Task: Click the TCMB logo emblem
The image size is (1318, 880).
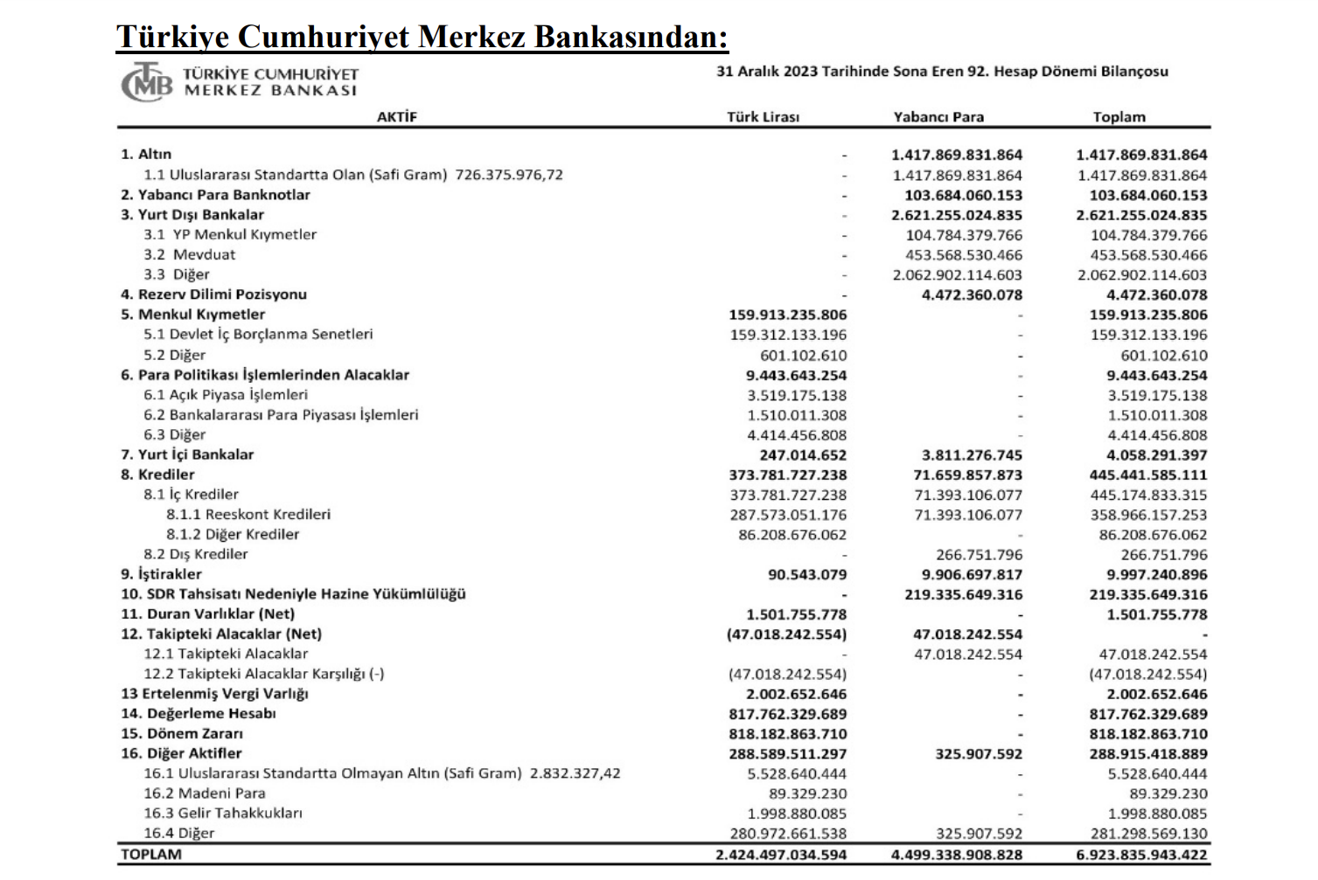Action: pos(146,82)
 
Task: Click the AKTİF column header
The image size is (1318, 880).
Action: pos(397,117)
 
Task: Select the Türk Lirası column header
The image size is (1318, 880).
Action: pos(763,117)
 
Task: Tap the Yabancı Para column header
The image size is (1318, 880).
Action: pos(938,117)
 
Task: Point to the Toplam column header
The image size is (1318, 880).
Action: pos(1119,117)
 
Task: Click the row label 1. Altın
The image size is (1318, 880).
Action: pos(146,155)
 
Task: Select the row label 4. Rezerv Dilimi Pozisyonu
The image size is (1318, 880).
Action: pos(213,294)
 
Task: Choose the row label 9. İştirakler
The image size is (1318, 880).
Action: pos(161,574)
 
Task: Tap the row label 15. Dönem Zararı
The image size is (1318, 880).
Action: pos(182,734)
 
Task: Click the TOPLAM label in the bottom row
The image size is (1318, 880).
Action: pos(151,855)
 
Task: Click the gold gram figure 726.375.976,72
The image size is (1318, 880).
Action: pos(509,175)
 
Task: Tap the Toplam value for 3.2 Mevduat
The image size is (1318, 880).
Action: pos(1148,255)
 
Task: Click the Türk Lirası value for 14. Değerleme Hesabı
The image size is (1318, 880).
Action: pos(787,714)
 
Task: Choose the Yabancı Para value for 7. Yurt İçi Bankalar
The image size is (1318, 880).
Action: pos(972,455)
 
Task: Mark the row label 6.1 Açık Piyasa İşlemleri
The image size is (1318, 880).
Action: pos(226,395)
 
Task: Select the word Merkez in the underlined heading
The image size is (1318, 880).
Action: pos(472,37)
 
